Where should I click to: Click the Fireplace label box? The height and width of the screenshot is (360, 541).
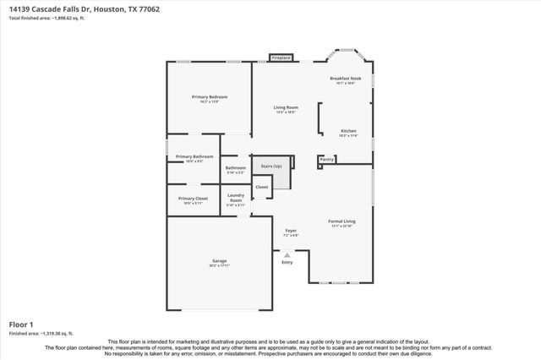(x=281, y=57)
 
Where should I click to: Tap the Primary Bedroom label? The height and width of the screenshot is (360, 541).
(x=209, y=97)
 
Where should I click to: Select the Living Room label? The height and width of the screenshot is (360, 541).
(x=286, y=107)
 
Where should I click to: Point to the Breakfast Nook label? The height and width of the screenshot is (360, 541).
(x=345, y=79)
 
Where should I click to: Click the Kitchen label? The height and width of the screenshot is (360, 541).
(x=348, y=131)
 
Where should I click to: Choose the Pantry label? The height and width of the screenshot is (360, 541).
(x=327, y=158)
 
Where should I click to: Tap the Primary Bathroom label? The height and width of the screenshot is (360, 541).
(x=194, y=156)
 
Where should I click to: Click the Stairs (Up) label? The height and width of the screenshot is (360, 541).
(x=271, y=166)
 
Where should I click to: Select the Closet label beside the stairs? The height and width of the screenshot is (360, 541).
(x=261, y=187)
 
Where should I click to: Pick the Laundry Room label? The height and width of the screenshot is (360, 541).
(x=236, y=197)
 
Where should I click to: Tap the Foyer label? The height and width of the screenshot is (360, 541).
(x=290, y=230)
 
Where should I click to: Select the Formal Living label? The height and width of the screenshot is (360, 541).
(x=342, y=221)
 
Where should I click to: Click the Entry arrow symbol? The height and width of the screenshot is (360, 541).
(x=287, y=254)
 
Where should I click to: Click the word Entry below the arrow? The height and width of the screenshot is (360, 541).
(x=287, y=262)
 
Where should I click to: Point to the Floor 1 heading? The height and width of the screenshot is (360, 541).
(x=20, y=325)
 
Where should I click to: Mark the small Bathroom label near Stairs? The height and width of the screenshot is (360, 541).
(x=236, y=167)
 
